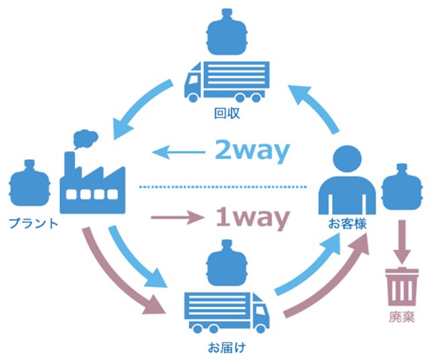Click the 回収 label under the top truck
coord(227,114)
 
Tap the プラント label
coord(34,223)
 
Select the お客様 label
coord(347,224)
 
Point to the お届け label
coord(227,347)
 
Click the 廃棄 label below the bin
coord(402,316)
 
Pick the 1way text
coord(253,218)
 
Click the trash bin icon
coord(402,286)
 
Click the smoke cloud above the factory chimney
coord(85,138)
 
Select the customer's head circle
coord(347,159)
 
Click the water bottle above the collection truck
coord(227,32)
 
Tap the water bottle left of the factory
coord(30,183)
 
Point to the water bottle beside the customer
coord(402,187)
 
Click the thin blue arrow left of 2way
coord(179,152)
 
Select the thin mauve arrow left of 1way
coord(178,217)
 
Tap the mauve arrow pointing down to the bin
coord(402,242)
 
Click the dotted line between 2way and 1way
coord(223,187)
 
